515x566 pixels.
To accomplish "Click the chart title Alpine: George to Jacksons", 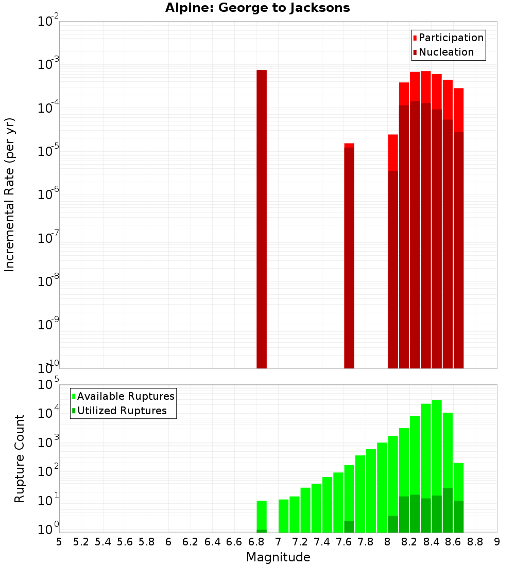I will pos(257,8).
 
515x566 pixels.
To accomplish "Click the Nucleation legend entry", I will pos(445,52).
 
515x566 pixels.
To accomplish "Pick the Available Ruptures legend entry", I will pos(125,396).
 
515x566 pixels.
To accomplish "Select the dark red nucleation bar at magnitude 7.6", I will pos(349,257).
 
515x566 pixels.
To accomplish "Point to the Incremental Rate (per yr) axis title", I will pos(10,194).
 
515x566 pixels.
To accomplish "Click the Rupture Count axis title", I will pos(20,458).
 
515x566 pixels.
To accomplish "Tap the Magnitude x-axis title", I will pos(278,557).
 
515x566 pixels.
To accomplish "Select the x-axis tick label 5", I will pos(59,542).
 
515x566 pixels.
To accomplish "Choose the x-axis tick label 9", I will pos(497,542).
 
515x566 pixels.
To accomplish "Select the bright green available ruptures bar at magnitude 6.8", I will pos(262,515).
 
